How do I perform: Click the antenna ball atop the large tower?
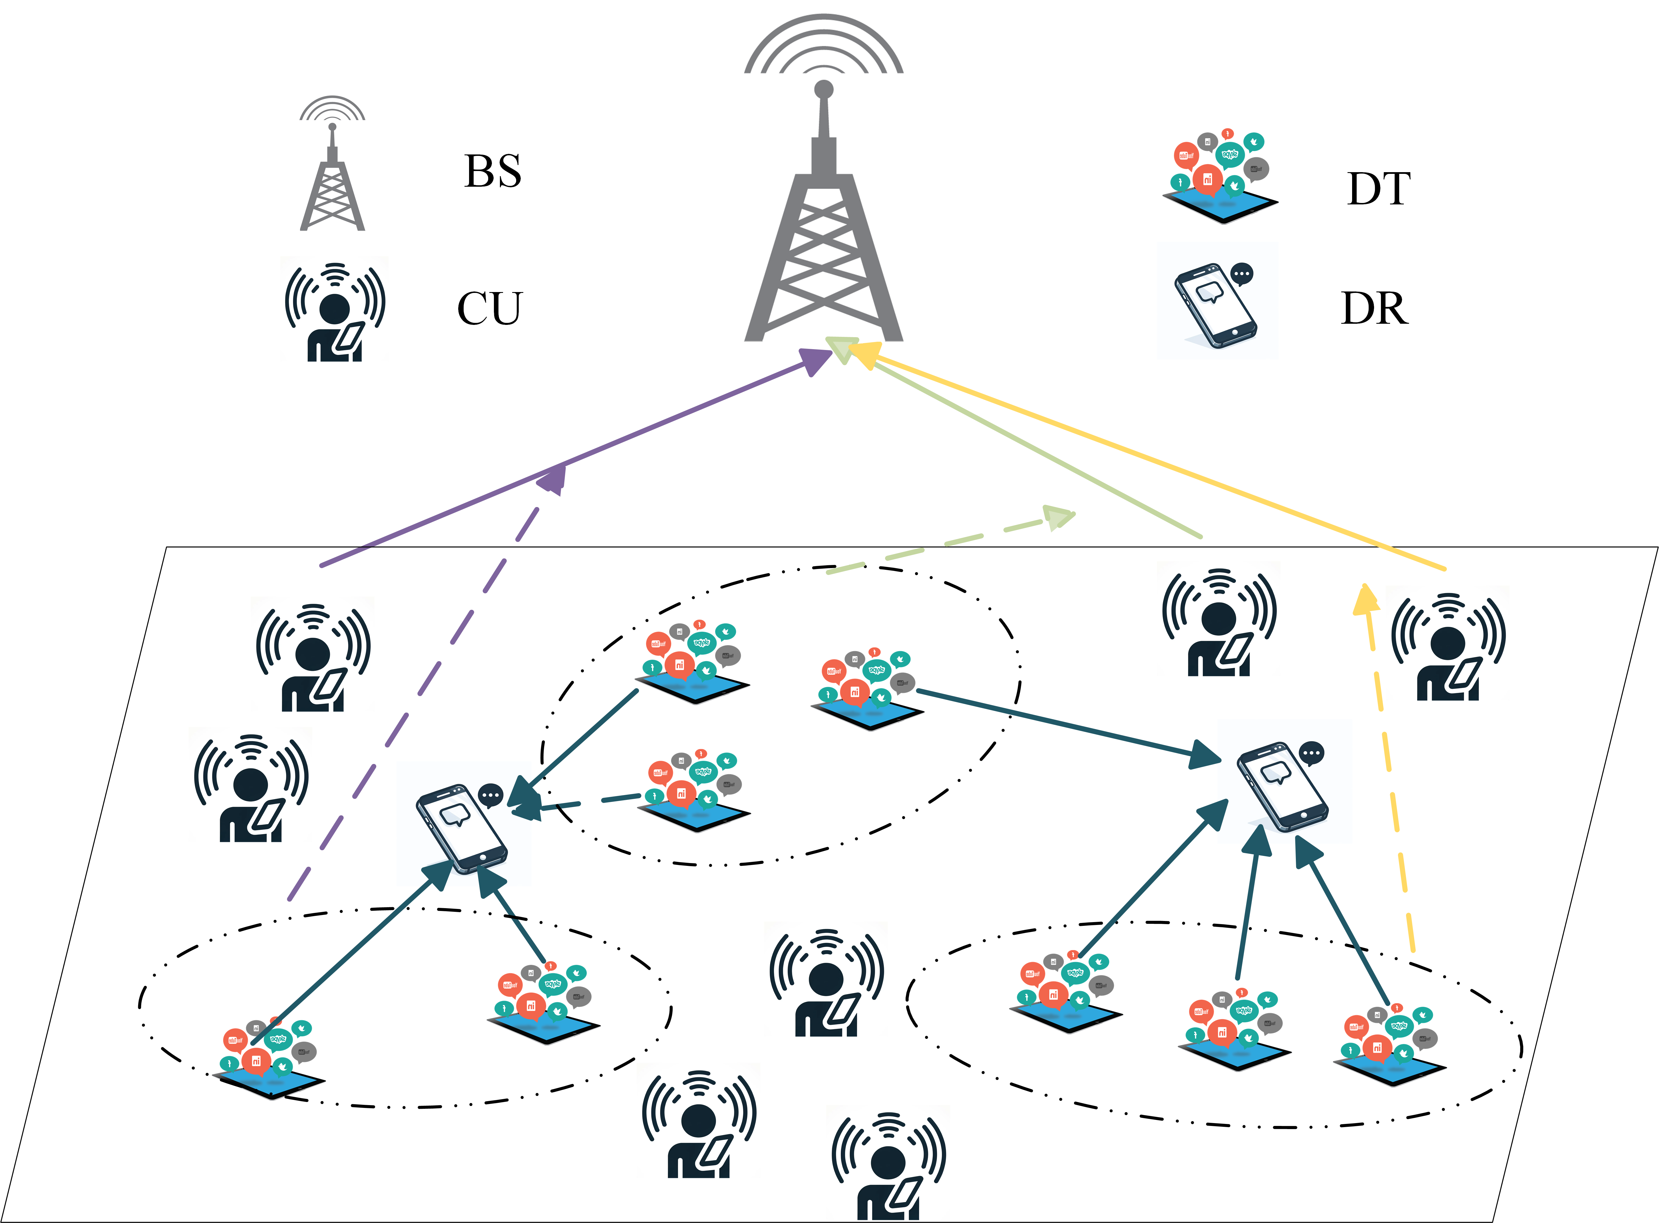pyautogui.click(x=823, y=90)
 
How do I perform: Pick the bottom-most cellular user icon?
pyautogui.click(x=888, y=1170)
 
